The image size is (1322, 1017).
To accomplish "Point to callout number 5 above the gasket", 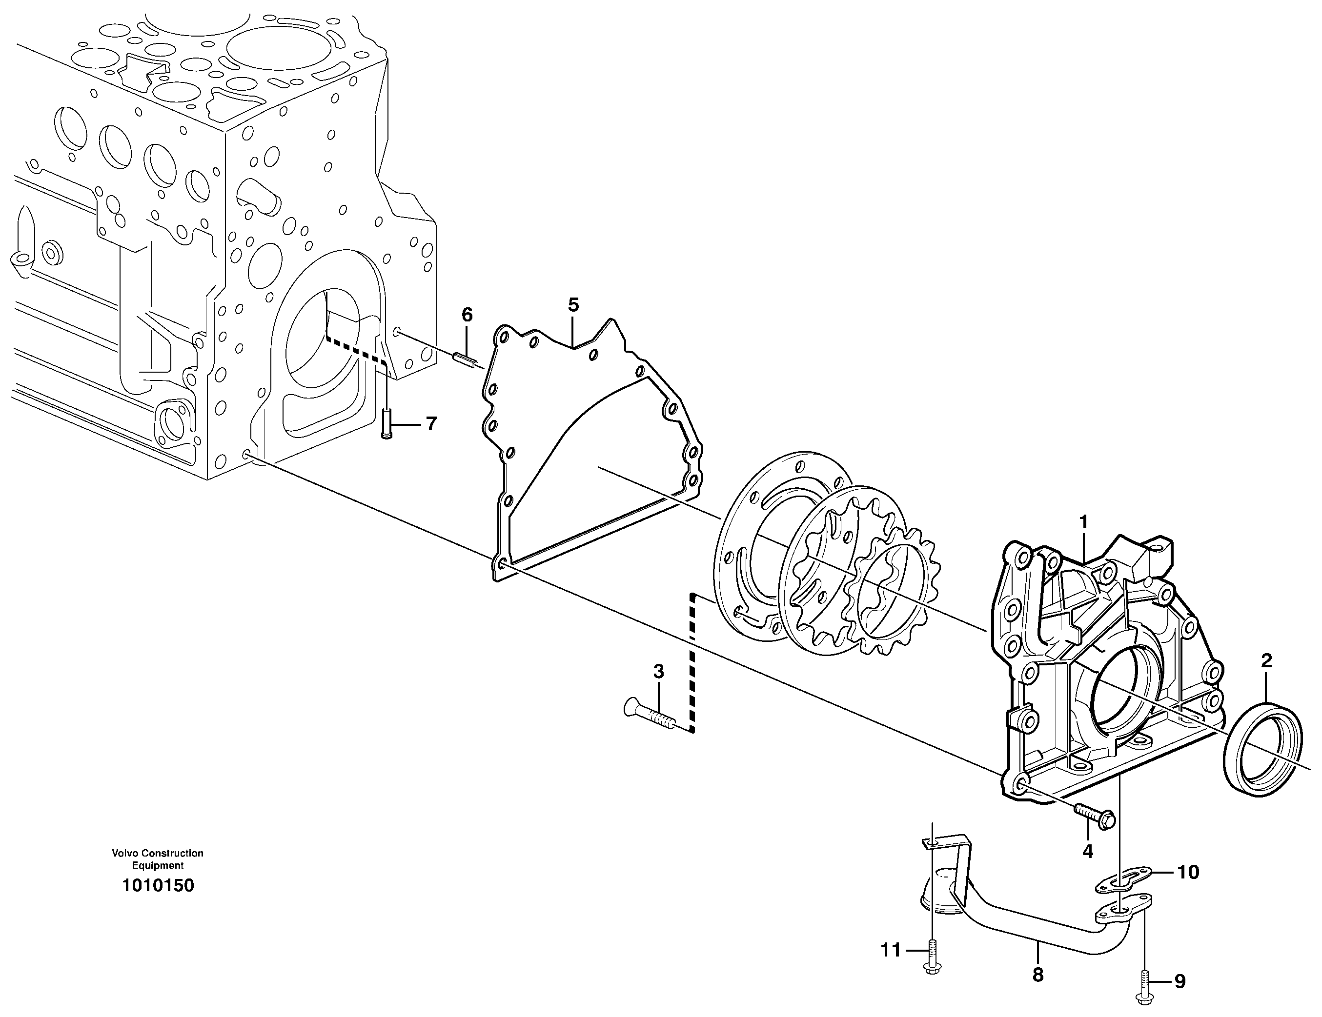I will click(x=573, y=304).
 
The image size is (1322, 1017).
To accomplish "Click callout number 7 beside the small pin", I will click(x=431, y=423).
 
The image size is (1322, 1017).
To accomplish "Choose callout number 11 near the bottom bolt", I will click(x=891, y=951).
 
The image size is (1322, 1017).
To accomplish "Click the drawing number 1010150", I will click(x=158, y=886).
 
